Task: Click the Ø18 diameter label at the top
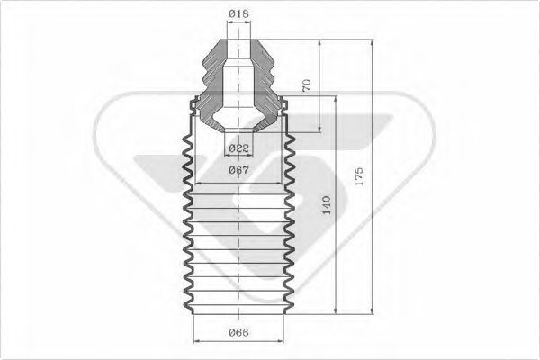pyautogui.click(x=238, y=13)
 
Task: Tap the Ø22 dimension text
pyautogui.click(x=238, y=148)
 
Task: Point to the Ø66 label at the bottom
pyautogui.click(x=238, y=335)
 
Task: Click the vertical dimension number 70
pyautogui.click(x=306, y=86)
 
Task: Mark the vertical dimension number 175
pyautogui.click(x=359, y=174)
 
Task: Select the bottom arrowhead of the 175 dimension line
pyautogui.click(x=371, y=312)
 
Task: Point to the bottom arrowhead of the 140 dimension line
pyautogui.click(x=337, y=312)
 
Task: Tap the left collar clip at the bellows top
pyautogui.click(x=193, y=107)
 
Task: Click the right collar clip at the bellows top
pyautogui.click(x=284, y=107)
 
